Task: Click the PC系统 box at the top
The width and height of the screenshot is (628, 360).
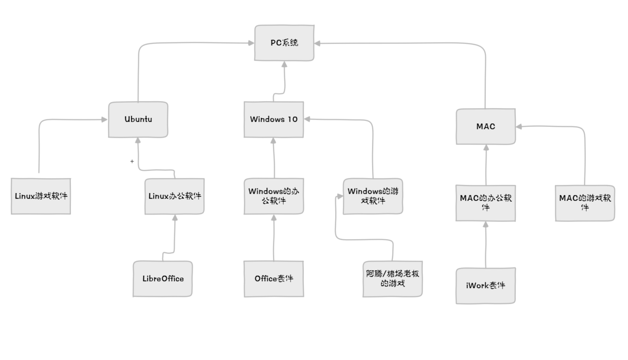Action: pyautogui.click(x=284, y=42)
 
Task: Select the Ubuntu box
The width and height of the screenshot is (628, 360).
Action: pyautogui.click(x=138, y=119)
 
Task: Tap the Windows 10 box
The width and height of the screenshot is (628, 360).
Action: pyautogui.click(x=274, y=119)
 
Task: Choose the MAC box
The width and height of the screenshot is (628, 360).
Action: pyautogui.click(x=485, y=126)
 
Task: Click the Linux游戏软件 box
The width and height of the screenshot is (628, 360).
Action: pyautogui.click(x=40, y=196)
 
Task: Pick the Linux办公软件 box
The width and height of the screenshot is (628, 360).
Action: pyautogui.click(x=174, y=196)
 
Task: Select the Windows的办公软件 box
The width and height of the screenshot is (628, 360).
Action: pyautogui.click(x=274, y=196)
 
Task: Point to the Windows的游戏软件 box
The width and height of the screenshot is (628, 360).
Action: pyautogui.click(x=373, y=196)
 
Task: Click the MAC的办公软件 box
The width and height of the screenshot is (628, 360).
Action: pyautogui.click(x=485, y=203)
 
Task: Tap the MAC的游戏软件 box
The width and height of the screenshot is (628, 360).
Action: pyautogui.click(x=585, y=203)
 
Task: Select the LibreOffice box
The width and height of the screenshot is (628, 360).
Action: pyautogui.click(x=163, y=279)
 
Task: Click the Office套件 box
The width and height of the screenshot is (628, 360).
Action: pyautogui.click(x=274, y=279)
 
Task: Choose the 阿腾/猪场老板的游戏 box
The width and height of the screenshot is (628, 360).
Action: pyautogui.click(x=392, y=279)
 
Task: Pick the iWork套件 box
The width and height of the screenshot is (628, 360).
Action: pyautogui.click(x=485, y=286)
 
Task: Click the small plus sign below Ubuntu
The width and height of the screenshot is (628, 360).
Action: pyautogui.click(x=132, y=161)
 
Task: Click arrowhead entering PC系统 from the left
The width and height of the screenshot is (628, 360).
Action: pyautogui.click(x=251, y=43)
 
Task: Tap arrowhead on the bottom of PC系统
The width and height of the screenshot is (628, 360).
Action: pyautogui.click(x=285, y=64)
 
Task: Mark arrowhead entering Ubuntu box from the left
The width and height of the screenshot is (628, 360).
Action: pyautogui.click(x=105, y=120)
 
